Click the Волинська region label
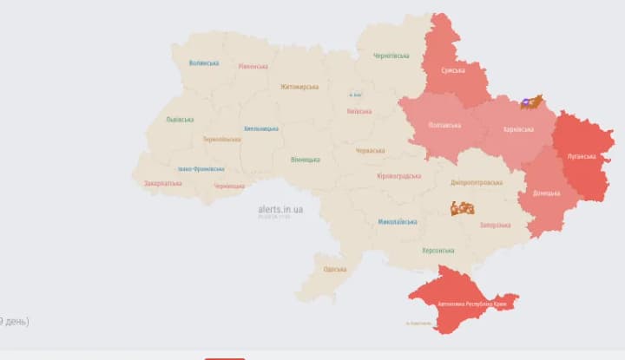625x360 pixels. [204, 63]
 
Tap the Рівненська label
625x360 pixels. [253, 67]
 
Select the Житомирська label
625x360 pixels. [299, 87]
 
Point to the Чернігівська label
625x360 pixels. [391, 56]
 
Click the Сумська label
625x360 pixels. [451, 70]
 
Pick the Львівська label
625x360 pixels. [180, 120]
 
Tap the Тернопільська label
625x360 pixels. [221, 140]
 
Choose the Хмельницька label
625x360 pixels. [261, 128]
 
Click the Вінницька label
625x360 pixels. [306, 160]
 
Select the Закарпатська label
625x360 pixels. [162, 183]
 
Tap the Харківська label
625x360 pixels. [518, 130]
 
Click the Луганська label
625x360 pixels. [582, 157]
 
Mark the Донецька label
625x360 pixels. [546, 193]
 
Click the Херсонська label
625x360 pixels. [437, 251]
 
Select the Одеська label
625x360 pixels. [334, 269]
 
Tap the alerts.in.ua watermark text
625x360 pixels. [280, 209]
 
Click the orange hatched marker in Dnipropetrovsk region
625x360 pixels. [463, 208]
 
